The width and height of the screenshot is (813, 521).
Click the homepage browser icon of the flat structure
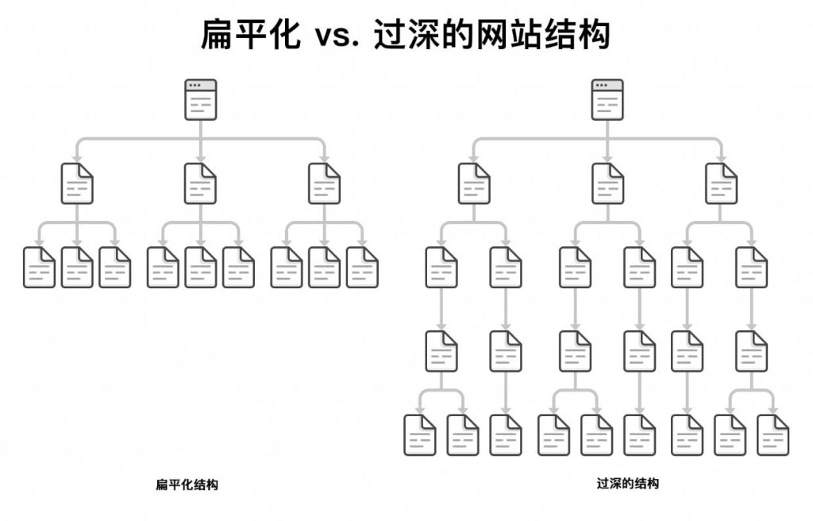201,99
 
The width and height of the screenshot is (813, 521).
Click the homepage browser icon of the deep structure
607,99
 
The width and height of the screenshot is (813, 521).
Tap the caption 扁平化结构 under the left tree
187,484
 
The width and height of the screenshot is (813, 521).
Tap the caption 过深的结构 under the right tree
627,483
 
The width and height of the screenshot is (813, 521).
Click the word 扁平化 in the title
251,36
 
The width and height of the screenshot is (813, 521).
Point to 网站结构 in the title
549,36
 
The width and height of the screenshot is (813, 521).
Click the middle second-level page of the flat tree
201,183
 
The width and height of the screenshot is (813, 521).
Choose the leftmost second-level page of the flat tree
77,183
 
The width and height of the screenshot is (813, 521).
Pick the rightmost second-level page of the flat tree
325,183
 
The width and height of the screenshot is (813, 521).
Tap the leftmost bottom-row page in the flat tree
39,267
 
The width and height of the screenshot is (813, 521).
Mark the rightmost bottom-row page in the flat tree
363,267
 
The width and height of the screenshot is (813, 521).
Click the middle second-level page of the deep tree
607,183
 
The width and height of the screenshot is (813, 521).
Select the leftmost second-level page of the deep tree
474,183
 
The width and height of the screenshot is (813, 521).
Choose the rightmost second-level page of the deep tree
722,183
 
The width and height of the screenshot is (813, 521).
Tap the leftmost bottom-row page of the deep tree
420,434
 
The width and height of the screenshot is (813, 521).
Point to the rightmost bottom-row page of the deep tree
773,434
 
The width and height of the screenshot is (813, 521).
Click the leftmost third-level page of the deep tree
441,267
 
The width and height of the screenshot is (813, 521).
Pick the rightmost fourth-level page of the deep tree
751,351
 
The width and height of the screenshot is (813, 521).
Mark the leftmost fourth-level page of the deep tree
441,351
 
